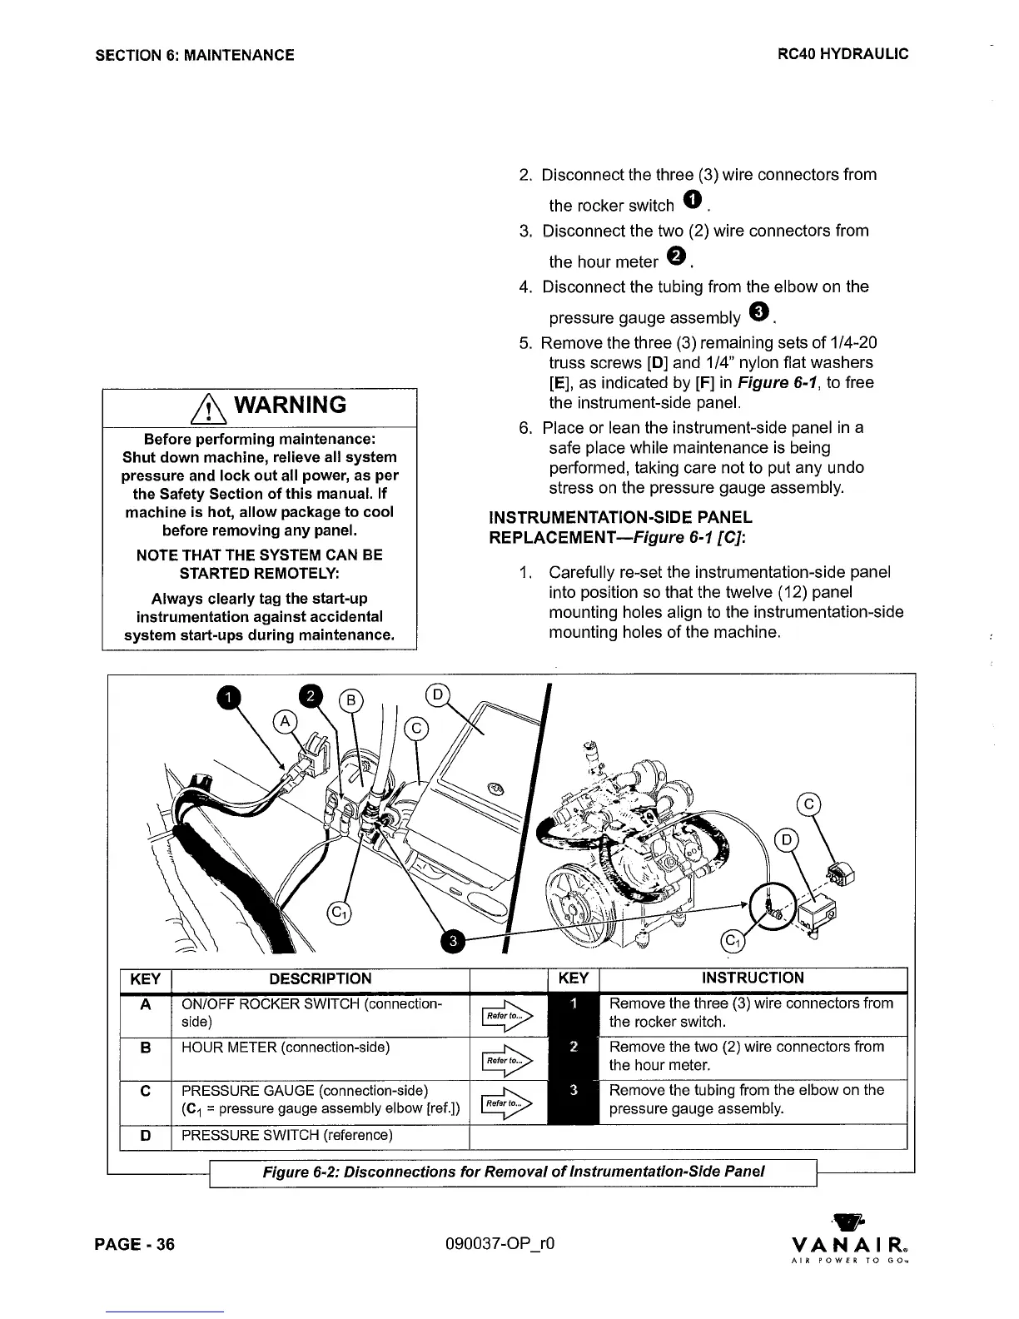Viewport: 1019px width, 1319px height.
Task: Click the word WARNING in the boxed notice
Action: click(x=291, y=406)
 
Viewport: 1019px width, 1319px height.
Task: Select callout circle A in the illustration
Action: click(x=286, y=722)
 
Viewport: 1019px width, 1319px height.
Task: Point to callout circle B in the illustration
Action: click(x=351, y=700)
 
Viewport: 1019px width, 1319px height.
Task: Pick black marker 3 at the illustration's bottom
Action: click(x=452, y=941)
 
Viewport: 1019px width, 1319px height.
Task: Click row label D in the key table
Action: click(x=146, y=1135)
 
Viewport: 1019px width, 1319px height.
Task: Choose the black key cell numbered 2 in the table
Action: click(x=573, y=1048)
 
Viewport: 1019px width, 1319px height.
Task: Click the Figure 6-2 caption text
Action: click(x=513, y=1172)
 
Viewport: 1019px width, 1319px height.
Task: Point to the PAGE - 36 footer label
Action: click(x=135, y=1244)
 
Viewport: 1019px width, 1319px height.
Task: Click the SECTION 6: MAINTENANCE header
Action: click(x=195, y=55)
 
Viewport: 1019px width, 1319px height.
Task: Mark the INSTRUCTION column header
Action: click(x=753, y=978)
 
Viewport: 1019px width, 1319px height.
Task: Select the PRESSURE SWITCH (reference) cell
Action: click(x=287, y=1135)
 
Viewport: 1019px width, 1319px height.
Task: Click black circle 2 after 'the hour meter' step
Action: click(x=677, y=256)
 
